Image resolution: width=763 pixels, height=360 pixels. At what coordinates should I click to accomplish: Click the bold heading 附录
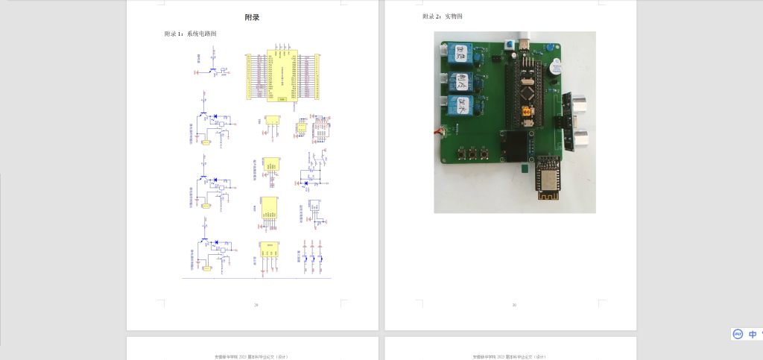253,17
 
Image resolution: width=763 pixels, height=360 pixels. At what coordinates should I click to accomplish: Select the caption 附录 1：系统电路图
191,34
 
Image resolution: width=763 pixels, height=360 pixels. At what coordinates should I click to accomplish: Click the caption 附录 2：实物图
443,16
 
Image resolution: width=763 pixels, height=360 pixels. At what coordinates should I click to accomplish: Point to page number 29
256,305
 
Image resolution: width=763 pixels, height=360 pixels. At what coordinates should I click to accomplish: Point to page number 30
513,305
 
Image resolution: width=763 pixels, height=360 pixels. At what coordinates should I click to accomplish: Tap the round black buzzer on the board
552,69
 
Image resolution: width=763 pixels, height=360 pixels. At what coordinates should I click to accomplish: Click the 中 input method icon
753,335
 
